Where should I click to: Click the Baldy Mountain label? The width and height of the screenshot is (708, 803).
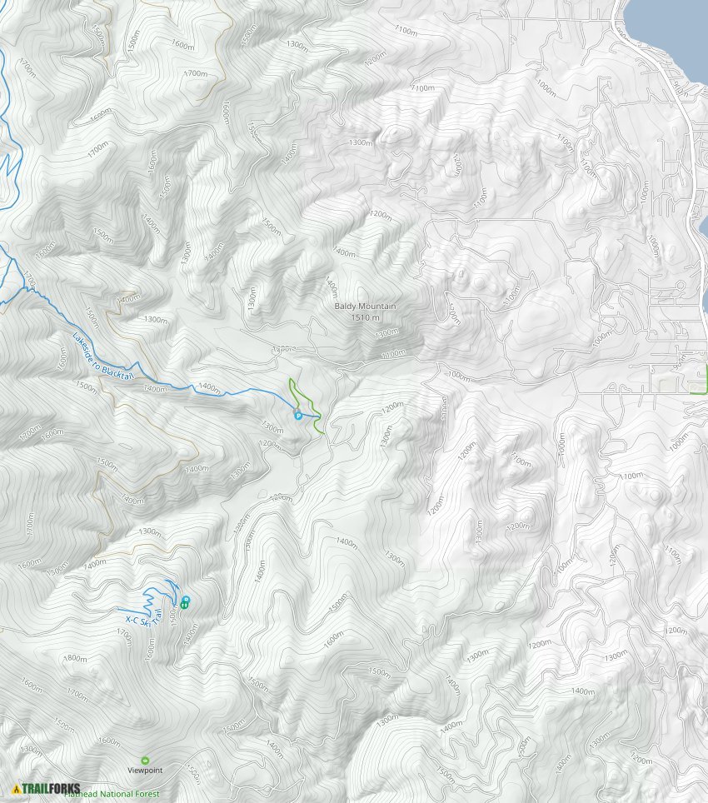click(x=365, y=307)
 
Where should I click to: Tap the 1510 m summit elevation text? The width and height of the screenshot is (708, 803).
click(x=365, y=317)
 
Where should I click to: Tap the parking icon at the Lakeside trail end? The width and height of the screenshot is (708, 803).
click(x=297, y=415)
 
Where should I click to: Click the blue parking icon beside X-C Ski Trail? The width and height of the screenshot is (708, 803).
click(x=185, y=599)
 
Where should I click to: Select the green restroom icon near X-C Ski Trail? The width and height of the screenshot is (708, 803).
click(x=183, y=606)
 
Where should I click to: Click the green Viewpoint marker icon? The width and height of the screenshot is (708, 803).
click(x=145, y=760)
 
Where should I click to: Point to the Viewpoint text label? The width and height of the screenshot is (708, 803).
click(x=145, y=771)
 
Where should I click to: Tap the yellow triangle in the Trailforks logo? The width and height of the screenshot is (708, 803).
click(x=16, y=788)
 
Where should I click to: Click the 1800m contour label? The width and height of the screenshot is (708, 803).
click(x=77, y=658)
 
